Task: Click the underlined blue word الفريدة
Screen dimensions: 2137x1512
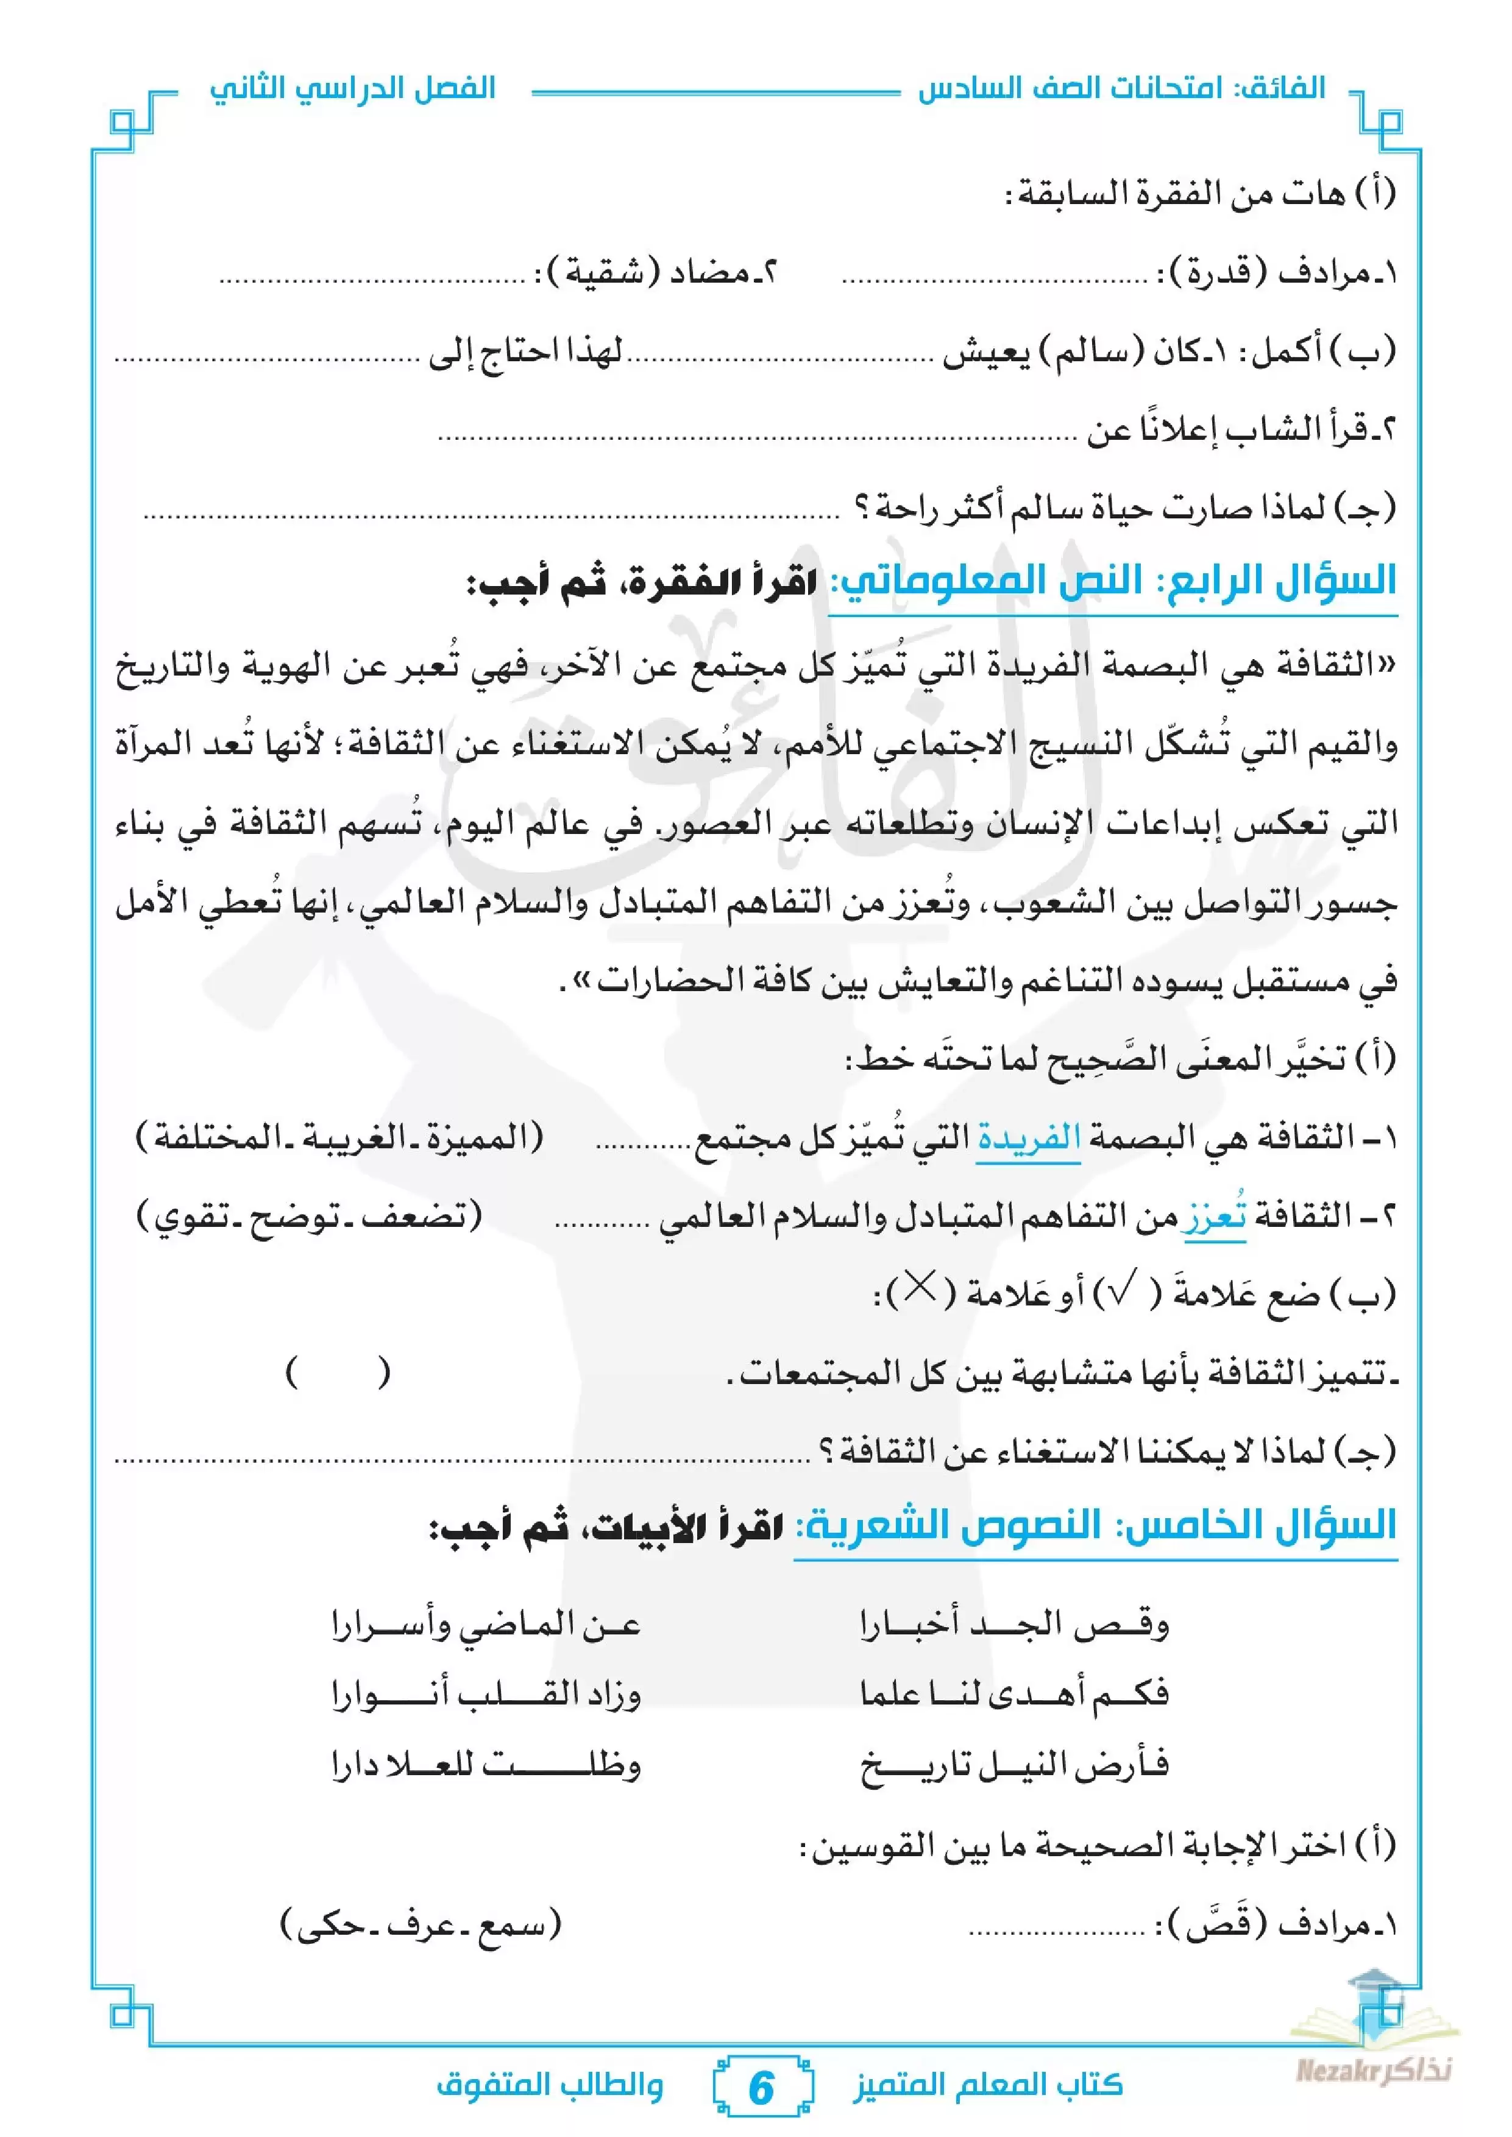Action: pyautogui.click(x=1028, y=1137)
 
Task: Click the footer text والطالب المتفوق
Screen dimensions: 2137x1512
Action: pyautogui.click(x=549, y=2085)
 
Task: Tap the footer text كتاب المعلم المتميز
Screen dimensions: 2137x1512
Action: pyautogui.click(x=988, y=2085)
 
